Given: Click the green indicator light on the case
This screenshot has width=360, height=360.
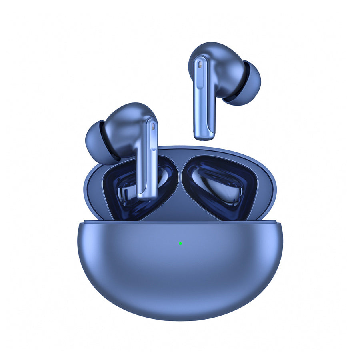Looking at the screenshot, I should pos(180,243).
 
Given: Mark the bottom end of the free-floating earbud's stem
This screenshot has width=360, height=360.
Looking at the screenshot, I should pos(204,138).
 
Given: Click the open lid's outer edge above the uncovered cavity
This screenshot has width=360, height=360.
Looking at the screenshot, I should pos(240,154).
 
